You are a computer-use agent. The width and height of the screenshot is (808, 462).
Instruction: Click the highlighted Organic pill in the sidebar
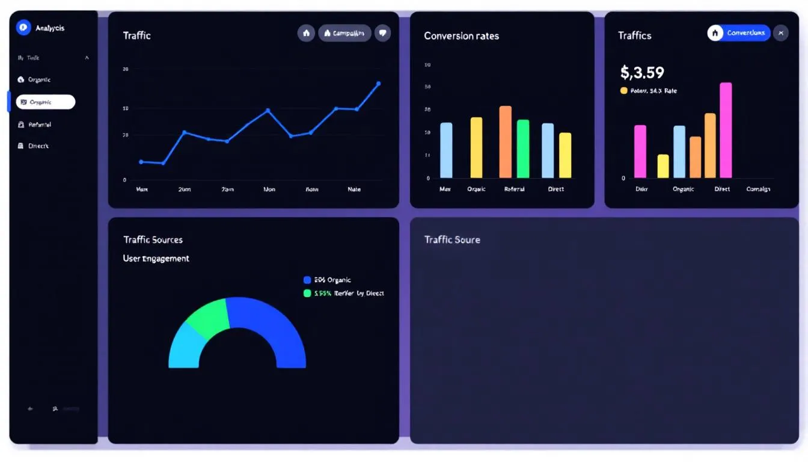[46, 102]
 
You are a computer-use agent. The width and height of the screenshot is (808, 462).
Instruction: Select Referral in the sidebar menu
[39, 125]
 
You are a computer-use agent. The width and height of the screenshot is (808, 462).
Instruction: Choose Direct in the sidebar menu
[38, 146]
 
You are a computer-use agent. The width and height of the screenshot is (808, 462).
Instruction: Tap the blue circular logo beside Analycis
[23, 27]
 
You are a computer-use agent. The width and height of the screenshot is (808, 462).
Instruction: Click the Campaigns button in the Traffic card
[344, 33]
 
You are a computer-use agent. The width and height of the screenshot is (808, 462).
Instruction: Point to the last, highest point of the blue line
[378, 84]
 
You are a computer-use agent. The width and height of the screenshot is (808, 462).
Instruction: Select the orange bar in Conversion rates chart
[505, 142]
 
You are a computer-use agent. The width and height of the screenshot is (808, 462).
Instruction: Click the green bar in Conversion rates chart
[523, 149]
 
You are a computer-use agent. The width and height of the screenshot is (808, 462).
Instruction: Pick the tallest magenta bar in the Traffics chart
[726, 130]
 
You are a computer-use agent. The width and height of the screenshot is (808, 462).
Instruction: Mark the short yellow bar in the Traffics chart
[663, 166]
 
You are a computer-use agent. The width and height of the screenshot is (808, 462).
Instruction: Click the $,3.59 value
[642, 73]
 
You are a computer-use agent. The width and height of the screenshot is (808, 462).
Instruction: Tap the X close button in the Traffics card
[780, 33]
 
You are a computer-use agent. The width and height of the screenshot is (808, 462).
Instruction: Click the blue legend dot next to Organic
[307, 280]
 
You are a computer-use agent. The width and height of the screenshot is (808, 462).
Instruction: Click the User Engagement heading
[156, 259]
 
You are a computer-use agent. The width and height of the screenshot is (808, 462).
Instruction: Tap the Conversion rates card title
[461, 36]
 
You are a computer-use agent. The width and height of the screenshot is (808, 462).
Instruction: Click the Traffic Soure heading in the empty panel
[452, 239]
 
